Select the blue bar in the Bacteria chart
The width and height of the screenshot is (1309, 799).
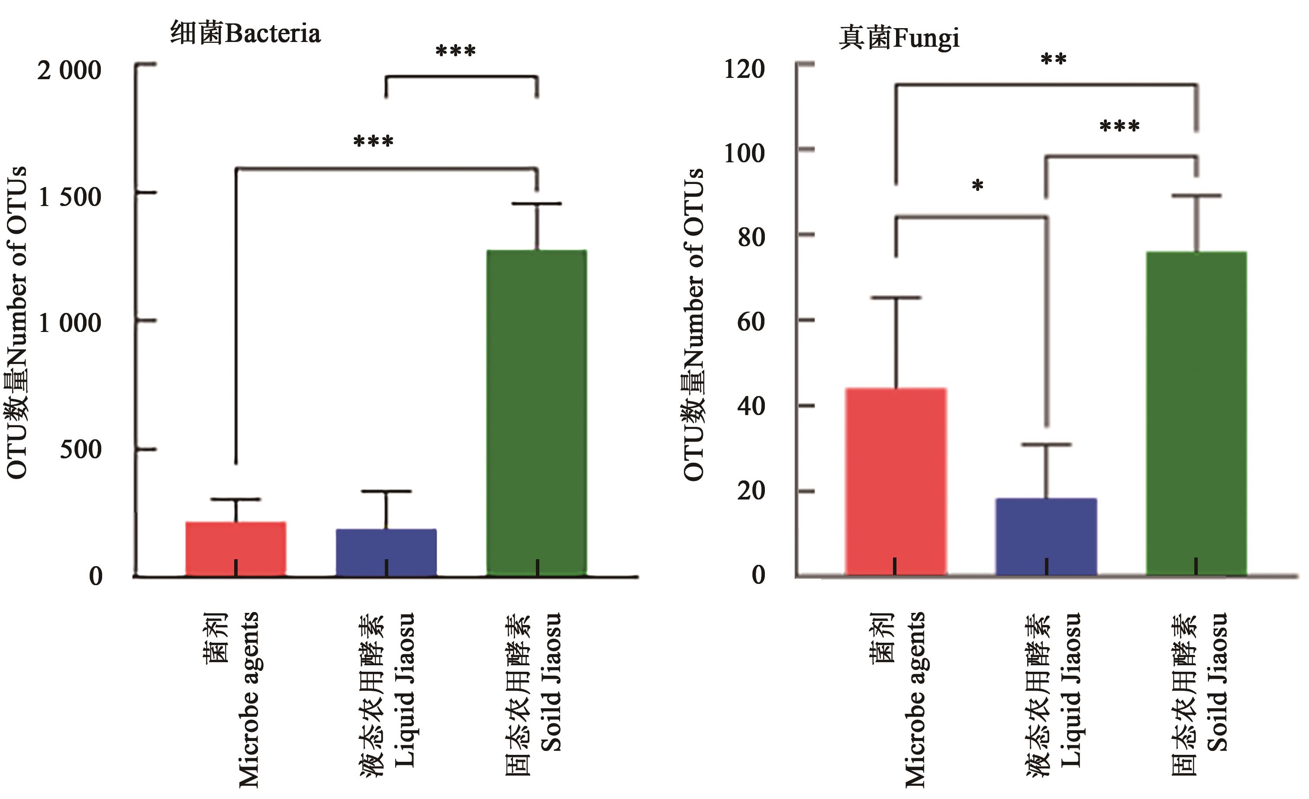pos(386,552)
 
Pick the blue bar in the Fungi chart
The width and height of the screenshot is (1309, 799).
pos(1046,537)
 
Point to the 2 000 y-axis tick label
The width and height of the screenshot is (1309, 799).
pos(69,70)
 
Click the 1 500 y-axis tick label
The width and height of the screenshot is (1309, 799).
pos(69,197)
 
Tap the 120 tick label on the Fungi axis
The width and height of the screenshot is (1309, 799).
pos(744,69)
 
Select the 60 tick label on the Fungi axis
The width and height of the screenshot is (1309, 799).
pos(751,322)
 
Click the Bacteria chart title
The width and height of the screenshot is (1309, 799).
pos(245,33)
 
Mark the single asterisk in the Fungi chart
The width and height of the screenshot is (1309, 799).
pos(977,186)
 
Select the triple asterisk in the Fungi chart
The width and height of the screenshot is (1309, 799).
pos(1119,126)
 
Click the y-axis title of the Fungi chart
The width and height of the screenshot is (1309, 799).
pos(694,324)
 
